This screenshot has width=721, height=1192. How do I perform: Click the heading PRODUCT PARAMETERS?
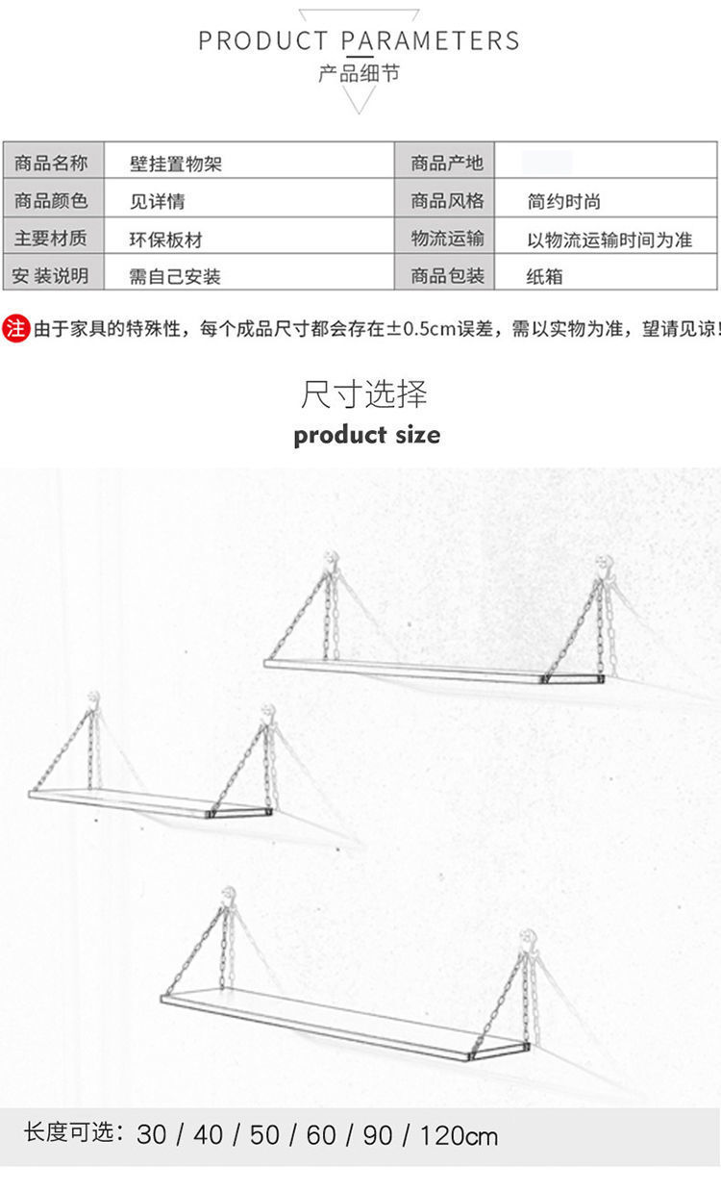click(359, 40)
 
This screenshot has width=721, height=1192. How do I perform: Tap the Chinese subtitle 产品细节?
click(359, 73)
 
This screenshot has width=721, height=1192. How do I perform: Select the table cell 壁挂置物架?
click(176, 164)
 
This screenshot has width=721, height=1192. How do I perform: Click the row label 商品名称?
click(51, 163)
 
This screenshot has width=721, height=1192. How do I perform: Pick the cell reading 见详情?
click(158, 201)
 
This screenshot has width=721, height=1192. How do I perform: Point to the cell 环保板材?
click(166, 240)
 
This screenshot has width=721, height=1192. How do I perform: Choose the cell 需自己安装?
click(175, 276)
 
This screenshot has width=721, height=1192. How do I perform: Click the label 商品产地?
click(447, 163)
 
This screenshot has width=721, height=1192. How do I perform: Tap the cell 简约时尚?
click(563, 201)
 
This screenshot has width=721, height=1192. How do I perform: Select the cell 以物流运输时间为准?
click(609, 240)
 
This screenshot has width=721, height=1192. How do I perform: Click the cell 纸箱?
click(544, 276)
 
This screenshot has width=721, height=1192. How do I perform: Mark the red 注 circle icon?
click(16, 328)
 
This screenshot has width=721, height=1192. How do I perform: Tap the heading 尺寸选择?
click(363, 394)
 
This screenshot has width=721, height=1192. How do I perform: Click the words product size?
click(367, 435)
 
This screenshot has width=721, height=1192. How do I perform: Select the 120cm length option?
click(459, 1135)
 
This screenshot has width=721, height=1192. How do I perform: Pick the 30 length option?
click(151, 1135)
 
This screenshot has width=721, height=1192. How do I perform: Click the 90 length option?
click(378, 1135)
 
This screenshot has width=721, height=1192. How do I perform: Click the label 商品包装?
click(447, 276)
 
